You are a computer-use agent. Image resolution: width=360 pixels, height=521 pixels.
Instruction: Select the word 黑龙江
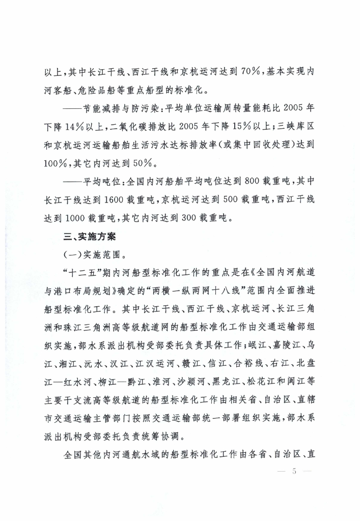point(214,384)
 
